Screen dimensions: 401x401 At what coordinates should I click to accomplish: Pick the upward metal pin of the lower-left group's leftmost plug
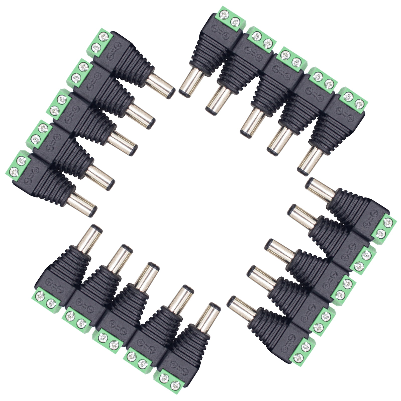pyautogui.click(x=91, y=237)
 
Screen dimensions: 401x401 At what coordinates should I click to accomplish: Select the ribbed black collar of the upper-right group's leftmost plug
pyautogui.click(x=207, y=58)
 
